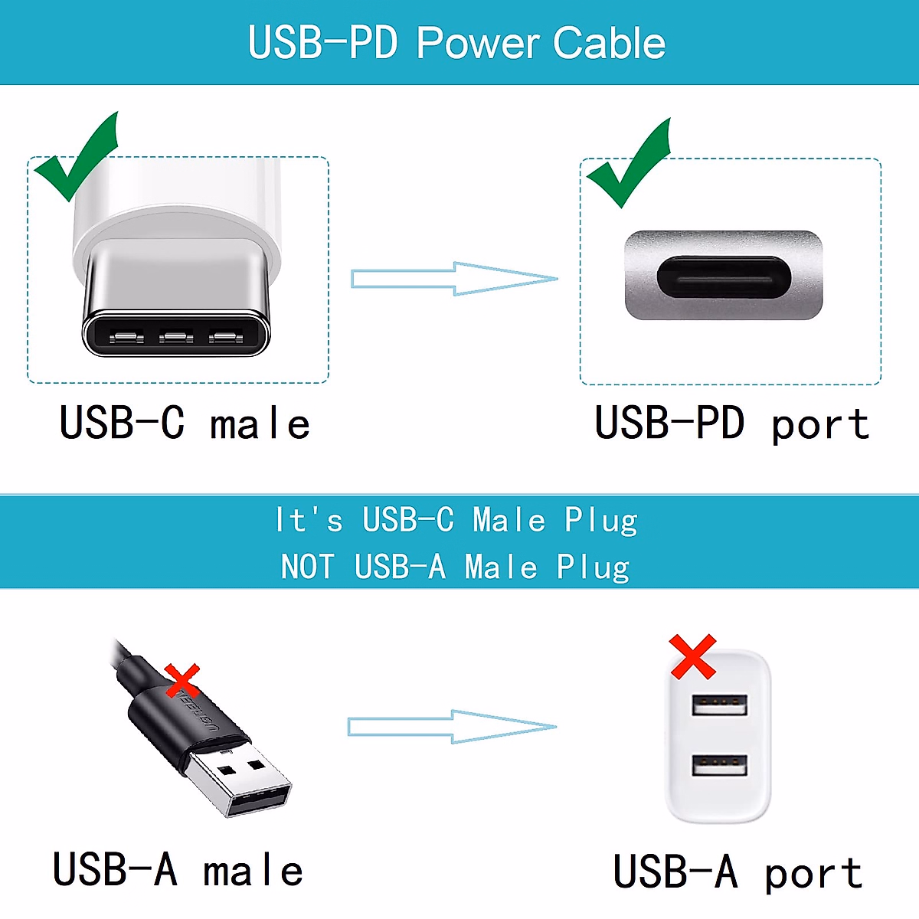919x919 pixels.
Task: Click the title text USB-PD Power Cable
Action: [x=456, y=43]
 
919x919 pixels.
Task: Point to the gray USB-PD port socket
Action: [x=724, y=276]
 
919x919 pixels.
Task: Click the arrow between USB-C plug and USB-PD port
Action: [x=453, y=279]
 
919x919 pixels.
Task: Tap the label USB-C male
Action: [x=185, y=424]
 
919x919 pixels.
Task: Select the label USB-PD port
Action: [x=731, y=424]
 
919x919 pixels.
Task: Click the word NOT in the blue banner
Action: [x=307, y=567]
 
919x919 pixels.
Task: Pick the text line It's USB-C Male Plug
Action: [x=456, y=521]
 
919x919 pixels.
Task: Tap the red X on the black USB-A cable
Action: [x=182, y=681]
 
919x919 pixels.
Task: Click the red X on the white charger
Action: [x=693, y=657]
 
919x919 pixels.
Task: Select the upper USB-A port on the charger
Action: [x=719, y=704]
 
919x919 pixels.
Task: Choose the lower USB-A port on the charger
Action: [x=719, y=764]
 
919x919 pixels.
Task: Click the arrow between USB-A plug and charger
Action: [x=452, y=727]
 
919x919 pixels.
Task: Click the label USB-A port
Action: [x=737, y=872]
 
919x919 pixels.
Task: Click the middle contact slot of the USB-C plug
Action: [x=176, y=336]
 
